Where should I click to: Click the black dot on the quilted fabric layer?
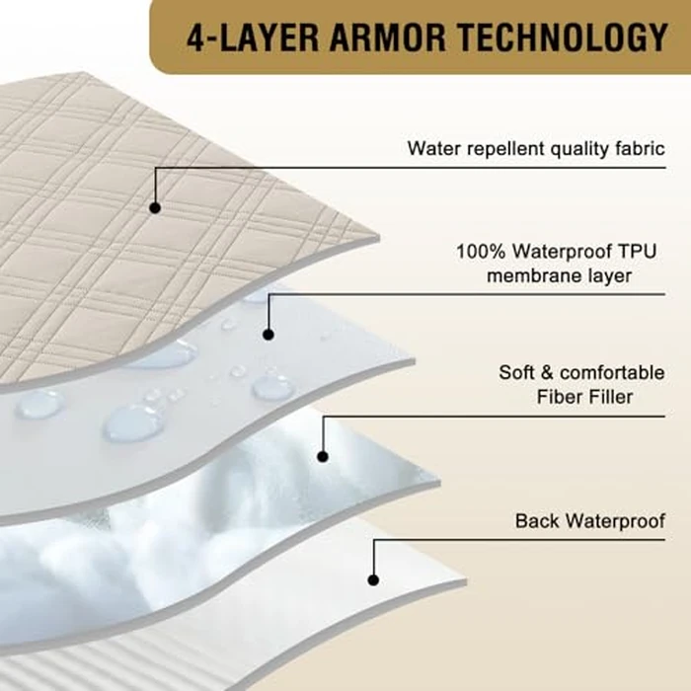coord(155,207)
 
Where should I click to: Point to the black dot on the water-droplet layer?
coord(269,335)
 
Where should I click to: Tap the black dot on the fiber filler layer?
coord(323,456)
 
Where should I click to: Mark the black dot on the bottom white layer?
coord(373,580)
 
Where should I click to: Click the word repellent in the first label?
coord(505,149)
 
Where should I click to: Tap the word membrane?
coord(534,276)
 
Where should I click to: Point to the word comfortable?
coord(612,373)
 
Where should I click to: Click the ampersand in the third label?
coord(547,373)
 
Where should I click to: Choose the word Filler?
coord(609,397)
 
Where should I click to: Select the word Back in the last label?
coord(538,521)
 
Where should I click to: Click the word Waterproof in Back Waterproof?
coord(616,521)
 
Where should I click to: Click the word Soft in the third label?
coord(516,373)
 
